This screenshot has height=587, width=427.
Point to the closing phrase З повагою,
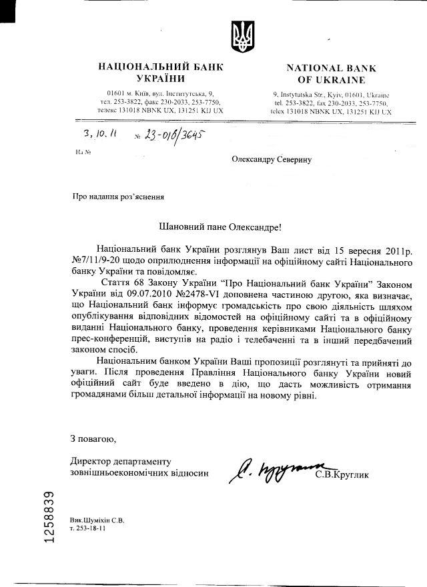point(93,439)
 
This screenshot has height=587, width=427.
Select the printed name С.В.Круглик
point(342,474)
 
